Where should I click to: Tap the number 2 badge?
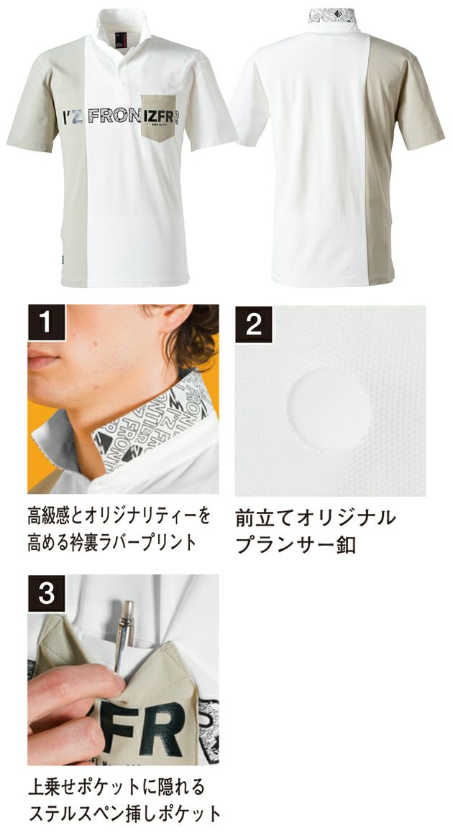click(253, 325)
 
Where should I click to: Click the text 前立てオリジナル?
click(316, 518)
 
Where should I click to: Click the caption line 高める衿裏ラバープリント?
click(111, 542)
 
